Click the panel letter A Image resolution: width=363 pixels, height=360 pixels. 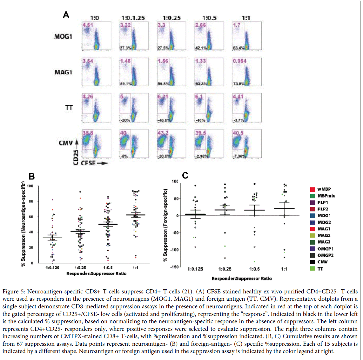pos(66,15)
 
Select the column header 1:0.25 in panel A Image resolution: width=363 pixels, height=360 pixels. pos(171,18)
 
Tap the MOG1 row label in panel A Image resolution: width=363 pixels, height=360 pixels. pos(63,36)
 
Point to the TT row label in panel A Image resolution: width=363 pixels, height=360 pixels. pos(69,108)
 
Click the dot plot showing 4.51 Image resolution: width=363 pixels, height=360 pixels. pos(97,36)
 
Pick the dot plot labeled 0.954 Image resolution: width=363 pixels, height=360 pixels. pos(247,72)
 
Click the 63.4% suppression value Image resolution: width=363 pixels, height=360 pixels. pos(238,48)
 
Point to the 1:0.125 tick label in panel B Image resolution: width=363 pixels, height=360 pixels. pos(52,268)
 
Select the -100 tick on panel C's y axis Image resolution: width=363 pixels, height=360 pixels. pos(174,250)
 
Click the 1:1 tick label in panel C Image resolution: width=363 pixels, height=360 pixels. pos(284,269)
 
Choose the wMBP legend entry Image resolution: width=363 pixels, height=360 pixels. pos(324,189)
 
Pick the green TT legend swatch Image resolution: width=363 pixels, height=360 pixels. pos(313,269)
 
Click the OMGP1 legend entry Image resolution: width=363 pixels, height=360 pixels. pos(325,249)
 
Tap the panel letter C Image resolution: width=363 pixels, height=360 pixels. pos(185,175)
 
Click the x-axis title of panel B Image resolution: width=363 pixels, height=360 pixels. pos(96,274)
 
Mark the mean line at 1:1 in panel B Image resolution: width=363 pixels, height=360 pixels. pos(136,215)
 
